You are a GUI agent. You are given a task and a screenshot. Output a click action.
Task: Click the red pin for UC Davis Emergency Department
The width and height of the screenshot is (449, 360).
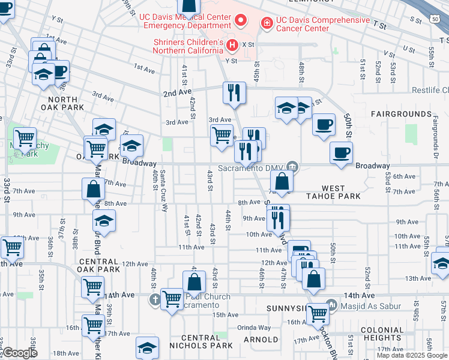point(241,21)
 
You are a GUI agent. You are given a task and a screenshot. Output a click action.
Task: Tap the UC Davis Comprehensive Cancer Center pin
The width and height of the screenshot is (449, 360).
point(267,23)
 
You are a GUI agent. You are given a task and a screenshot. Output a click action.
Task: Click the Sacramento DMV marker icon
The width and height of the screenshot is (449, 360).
point(292,166)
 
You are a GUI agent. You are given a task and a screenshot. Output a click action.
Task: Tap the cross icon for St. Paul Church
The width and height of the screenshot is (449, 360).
point(155,299)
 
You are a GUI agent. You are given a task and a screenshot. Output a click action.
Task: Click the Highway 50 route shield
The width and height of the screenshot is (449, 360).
point(434,20)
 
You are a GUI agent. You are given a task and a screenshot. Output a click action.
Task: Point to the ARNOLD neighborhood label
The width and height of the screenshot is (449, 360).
point(261,340)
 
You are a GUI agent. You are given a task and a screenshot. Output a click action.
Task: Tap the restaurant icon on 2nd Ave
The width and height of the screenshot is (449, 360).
point(234,92)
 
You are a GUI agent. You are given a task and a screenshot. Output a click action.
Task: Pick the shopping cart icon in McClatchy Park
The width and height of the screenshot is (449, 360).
point(25,139)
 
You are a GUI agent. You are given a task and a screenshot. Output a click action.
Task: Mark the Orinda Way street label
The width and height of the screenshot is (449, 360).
point(254,328)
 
